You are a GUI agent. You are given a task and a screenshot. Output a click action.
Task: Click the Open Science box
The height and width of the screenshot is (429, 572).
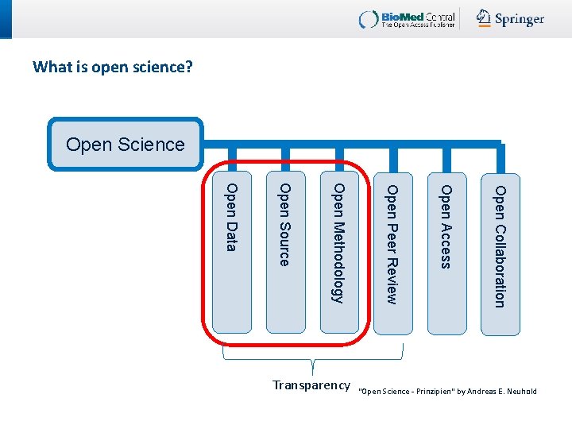click(126, 145)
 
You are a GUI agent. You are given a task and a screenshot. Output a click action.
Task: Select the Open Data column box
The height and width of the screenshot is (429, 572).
click(232, 253)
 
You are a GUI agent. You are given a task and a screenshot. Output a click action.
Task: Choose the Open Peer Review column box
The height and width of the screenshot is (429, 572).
click(392, 253)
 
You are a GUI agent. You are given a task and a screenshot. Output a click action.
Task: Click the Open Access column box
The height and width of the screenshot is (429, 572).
click(446, 253)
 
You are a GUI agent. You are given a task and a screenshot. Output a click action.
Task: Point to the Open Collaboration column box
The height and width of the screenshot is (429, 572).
click(500, 253)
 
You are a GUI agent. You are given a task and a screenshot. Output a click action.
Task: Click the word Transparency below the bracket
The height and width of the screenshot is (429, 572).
click(311, 385)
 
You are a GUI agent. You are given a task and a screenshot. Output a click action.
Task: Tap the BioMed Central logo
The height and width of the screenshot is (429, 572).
click(408, 19)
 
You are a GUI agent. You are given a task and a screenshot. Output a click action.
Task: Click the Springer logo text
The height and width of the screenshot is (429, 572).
click(520, 20)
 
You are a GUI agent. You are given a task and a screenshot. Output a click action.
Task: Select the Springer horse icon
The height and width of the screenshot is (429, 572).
click(484, 18)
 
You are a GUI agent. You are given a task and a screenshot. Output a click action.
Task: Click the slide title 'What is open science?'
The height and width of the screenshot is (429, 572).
click(113, 67)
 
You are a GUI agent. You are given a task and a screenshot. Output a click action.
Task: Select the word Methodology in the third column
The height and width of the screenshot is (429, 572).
click(338, 262)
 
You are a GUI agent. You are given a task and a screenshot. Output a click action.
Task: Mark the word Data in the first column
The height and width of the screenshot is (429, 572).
click(231, 237)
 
